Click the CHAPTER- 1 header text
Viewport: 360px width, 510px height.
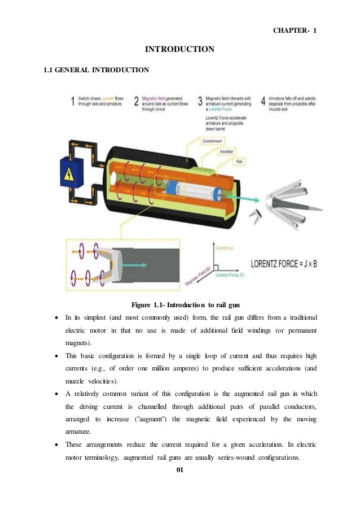click(293, 30)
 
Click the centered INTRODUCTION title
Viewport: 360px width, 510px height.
click(179, 50)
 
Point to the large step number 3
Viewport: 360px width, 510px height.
click(200, 102)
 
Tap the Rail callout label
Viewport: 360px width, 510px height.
click(239, 162)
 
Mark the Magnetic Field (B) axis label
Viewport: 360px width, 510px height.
click(197, 275)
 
